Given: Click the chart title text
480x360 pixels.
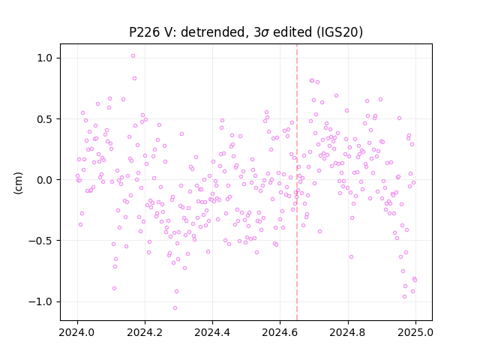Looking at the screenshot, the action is point(246,32).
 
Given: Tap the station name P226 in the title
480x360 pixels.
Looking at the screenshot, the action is point(144,32).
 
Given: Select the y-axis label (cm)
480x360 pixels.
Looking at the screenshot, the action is point(18,183).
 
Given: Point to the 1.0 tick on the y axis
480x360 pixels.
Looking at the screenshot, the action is point(45,58).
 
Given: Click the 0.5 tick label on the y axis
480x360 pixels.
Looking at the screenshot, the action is point(45,119).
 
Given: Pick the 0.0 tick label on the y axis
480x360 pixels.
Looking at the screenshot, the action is point(45,180).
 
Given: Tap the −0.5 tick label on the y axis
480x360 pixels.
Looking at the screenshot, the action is point(41,241).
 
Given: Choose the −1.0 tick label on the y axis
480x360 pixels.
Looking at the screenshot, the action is point(41,301).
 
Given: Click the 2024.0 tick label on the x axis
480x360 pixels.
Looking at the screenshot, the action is point(77,332).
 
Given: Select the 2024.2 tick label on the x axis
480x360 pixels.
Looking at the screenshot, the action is point(145,332).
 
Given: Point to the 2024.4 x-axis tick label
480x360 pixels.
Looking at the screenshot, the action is point(212,332).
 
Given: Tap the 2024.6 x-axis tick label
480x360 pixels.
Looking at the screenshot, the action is point(280,332).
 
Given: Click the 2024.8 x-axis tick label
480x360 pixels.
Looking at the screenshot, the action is point(347,332).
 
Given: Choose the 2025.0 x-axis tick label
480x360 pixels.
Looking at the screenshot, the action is point(415,332).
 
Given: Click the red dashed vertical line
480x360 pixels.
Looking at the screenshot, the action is point(297,182).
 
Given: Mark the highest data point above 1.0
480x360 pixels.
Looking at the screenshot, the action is point(133,56).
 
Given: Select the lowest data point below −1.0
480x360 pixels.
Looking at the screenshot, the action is point(175,307).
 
